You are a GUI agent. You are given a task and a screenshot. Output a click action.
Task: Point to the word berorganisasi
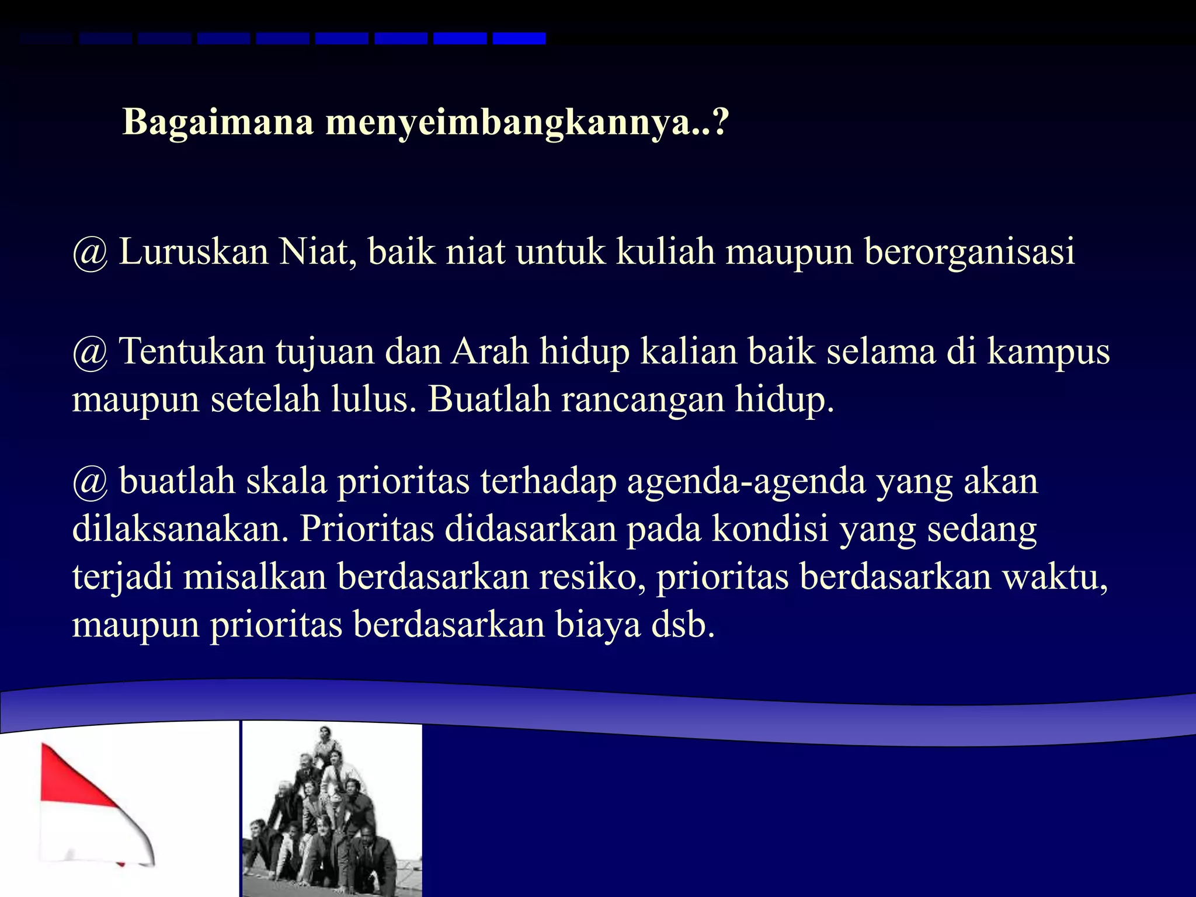[x=969, y=253]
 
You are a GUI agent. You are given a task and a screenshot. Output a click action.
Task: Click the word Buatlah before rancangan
[x=489, y=399]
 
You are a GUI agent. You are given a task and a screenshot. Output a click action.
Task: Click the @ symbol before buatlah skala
[x=90, y=482]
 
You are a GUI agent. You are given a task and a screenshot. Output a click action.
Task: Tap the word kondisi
[x=770, y=529]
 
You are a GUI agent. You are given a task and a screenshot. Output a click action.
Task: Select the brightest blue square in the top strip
[x=519, y=39]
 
